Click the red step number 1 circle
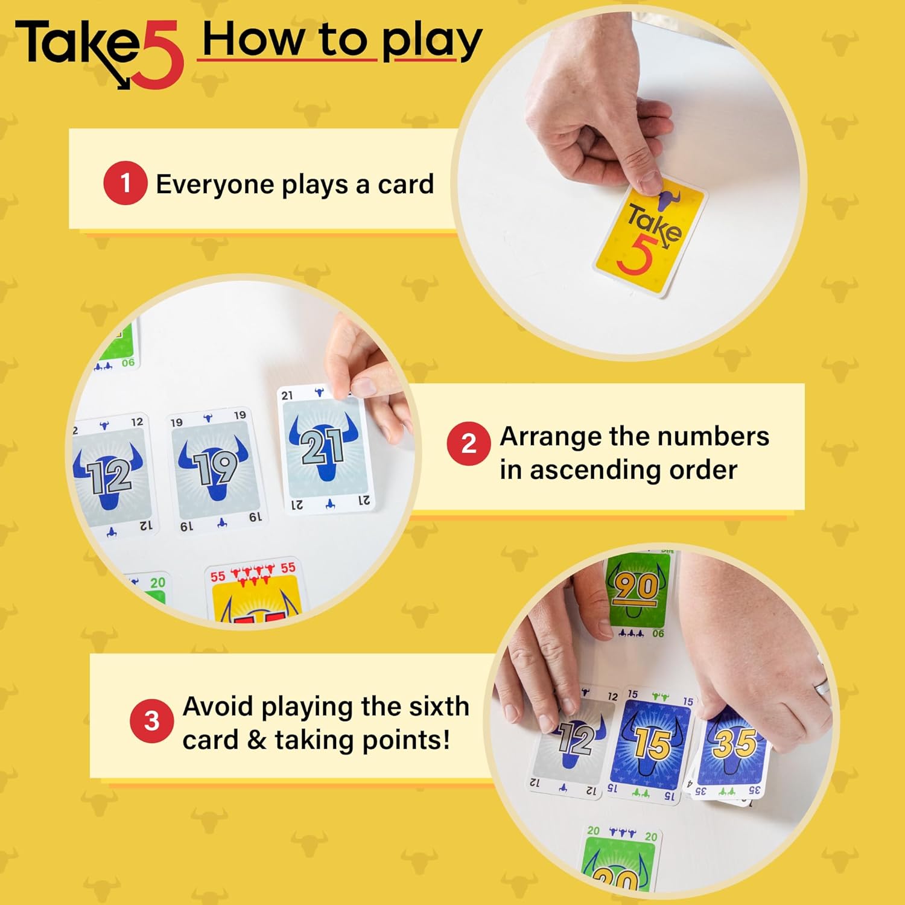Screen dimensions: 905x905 (125, 183)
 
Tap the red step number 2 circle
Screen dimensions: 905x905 (469, 443)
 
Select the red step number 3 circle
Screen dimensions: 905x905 (151, 720)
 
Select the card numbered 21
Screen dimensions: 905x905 (325, 449)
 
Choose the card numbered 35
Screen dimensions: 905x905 (734, 748)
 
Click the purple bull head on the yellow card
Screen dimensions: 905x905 (668, 200)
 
